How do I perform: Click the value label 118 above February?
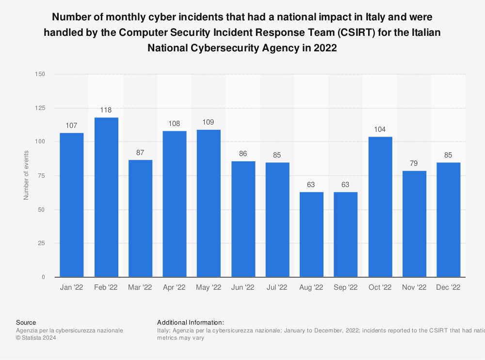(x=106, y=110)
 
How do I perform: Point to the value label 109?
(x=209, y=122)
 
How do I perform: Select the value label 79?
(x=414, y=163)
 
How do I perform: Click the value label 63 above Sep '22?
(x=346, y=185)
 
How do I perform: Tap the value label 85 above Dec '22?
(x=449, y=155)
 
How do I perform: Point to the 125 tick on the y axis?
(x=40, y=108)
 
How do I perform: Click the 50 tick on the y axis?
(x=42, y=210)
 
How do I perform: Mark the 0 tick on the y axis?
(x=43, y=277)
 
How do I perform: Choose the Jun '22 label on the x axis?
(x=243, y=287)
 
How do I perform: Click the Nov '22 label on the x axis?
(x=414, y=287)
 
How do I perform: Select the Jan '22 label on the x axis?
(x=72, y=287)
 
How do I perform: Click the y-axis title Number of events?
(x=26, y=175)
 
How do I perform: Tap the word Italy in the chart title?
(x=382, y=17)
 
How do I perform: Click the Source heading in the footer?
(x=26, y=322)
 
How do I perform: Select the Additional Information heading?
(x=190, y=322)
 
